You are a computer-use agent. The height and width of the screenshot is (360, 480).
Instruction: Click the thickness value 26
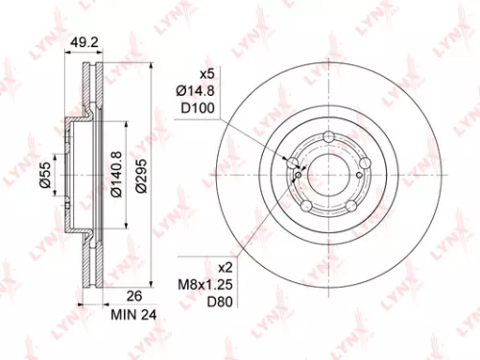[108, 297]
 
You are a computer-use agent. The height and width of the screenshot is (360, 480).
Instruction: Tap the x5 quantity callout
[205, 73]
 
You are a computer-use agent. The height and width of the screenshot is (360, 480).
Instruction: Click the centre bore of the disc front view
[330, 176]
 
